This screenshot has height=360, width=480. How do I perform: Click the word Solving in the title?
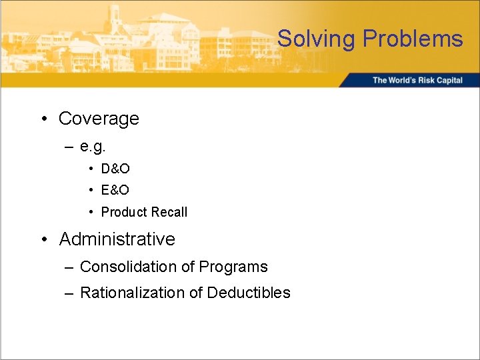(317, 39)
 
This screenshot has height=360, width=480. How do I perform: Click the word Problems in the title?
(413, 39)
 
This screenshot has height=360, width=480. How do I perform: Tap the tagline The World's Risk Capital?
(417, 80)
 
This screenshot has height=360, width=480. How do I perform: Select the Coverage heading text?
(99, 119)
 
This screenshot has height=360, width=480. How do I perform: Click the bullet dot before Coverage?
(43, 119)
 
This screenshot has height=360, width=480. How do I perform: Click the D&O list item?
(115, 169)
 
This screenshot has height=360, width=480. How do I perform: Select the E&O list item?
(115, 191)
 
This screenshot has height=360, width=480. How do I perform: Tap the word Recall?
(169, 212)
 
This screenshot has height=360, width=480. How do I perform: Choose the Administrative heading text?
(117, 239)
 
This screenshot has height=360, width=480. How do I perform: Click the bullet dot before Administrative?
(43, 239)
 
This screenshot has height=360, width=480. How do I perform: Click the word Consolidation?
(127, 267)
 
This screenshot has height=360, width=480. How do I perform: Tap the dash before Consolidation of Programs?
(69, 267)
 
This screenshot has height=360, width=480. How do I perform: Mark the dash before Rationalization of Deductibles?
(69, 293)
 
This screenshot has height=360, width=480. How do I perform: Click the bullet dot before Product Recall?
(91, 213)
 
